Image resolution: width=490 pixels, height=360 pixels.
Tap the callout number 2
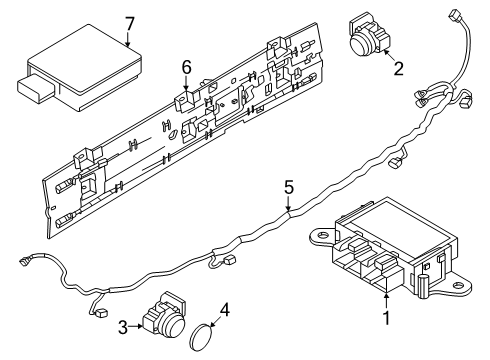(x=398, y=69)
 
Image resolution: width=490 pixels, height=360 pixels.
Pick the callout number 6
(x=185, y=67)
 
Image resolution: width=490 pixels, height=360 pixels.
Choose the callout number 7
(x=128, y=21)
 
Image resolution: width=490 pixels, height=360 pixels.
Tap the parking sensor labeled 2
(x=363, y=34)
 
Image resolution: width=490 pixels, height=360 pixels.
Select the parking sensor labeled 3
(x=162, y=319)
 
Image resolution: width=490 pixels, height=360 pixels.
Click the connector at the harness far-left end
(x=23, y=263)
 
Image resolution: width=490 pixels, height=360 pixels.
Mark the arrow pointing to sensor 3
(x=138, y=324)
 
